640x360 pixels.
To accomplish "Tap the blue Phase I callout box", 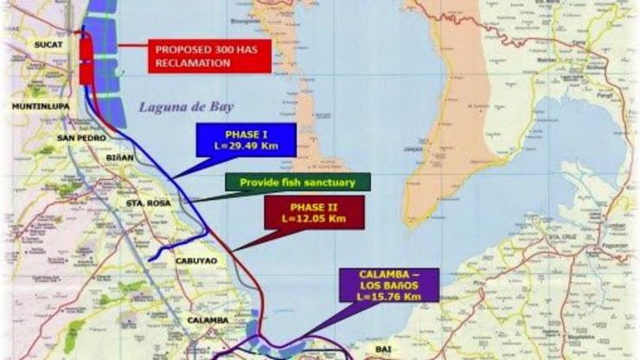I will pyautogui.click(x=246, y=141).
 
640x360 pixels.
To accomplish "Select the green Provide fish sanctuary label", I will pyautogui.click(x=297, y=183).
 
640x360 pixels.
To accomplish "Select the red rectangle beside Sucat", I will pyautogui.click(x=86, y=57).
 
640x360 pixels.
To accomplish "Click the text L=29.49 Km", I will pyautogui.click(x=246, y=148).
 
